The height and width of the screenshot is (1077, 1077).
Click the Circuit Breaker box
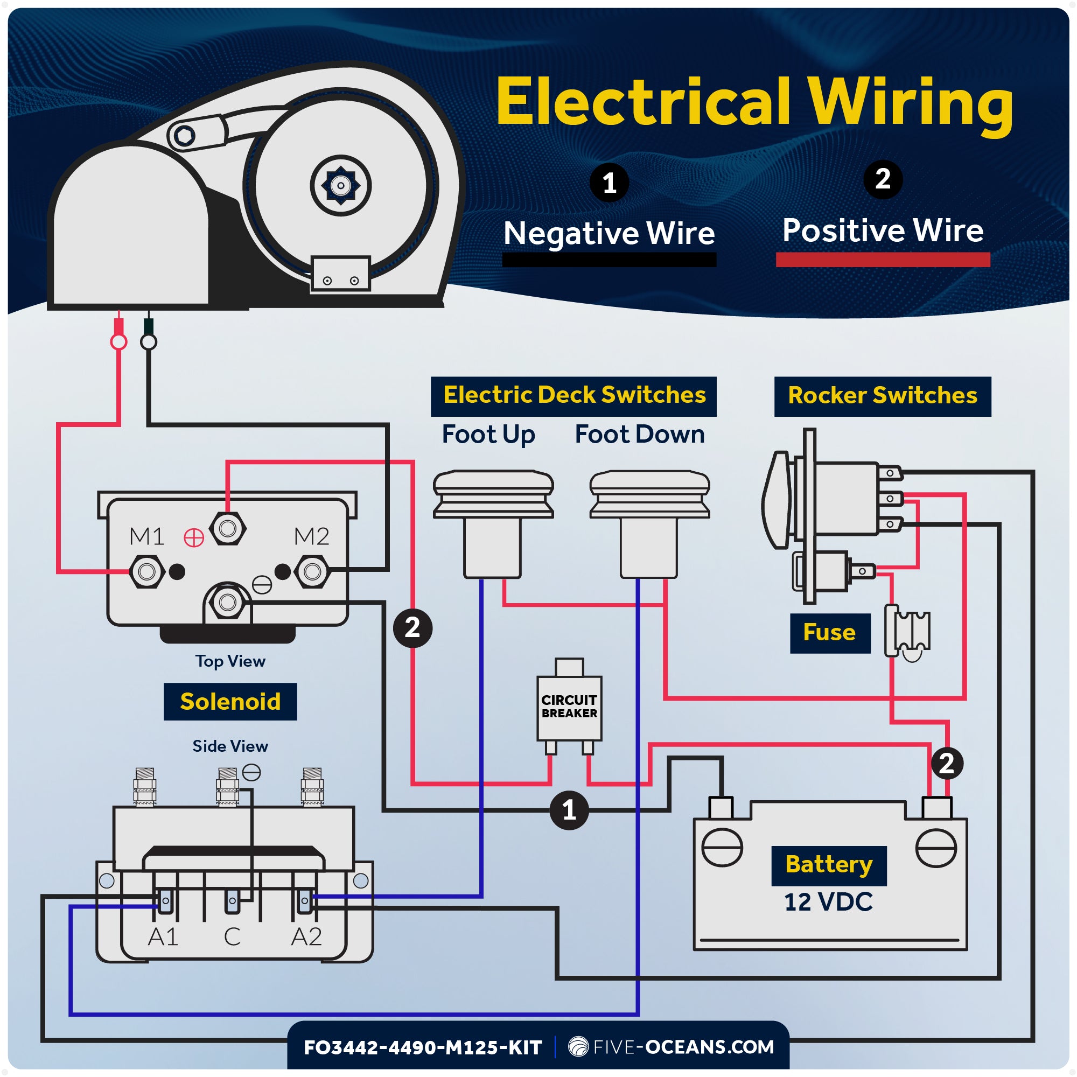569,707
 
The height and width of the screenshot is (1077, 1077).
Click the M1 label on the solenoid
146,536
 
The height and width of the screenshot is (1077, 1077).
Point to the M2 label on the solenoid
312,536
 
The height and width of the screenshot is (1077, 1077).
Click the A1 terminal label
163,937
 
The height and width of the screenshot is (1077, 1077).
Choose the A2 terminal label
306,937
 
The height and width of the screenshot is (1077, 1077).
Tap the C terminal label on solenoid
233,937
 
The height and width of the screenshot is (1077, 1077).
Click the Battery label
829,865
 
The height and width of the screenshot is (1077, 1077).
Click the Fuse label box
829,633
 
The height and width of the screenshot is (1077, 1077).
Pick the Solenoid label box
230,701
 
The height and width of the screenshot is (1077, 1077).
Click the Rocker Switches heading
883,396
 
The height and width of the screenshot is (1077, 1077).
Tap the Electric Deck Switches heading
574,396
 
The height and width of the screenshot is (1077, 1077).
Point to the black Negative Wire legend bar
609,260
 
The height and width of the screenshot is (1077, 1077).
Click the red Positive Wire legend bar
883,260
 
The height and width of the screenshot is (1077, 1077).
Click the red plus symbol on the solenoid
194,538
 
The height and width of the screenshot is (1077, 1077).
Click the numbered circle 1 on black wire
569,810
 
